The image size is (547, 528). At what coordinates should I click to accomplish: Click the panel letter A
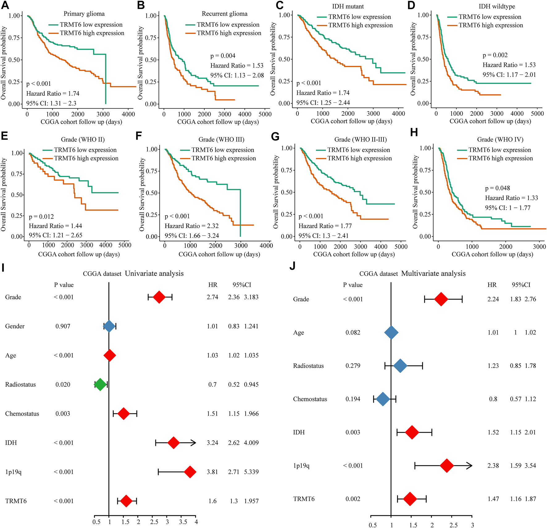[5, 5]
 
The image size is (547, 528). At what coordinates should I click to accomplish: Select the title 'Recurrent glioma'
[224, 14]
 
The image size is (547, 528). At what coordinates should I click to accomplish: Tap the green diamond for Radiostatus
[100, 385]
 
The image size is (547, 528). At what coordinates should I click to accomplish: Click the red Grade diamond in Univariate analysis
[159, 297]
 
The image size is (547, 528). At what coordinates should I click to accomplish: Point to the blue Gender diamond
[109, 326]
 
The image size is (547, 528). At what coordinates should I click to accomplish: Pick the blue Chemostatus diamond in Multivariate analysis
[383, 399]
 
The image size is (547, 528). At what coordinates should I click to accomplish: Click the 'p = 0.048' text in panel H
[497, 188]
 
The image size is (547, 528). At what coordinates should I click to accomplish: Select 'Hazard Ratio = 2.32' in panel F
[191, 226]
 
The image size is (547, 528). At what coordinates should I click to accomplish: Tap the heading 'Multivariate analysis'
[433, 273]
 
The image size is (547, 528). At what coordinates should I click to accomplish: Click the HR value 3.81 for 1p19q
[212, 472]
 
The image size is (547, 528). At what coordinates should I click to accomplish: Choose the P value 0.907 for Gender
[63, 326]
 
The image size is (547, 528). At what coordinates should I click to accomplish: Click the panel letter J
[292, 266]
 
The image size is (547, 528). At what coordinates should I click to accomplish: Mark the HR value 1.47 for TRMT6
[493, 499]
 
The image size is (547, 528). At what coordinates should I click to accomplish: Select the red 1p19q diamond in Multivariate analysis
[447, 466]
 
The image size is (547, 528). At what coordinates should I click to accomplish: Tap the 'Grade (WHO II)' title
[83, 139]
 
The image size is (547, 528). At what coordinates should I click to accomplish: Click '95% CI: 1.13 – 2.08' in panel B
[237, 76]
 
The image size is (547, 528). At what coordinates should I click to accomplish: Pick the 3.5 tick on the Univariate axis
[183, 522]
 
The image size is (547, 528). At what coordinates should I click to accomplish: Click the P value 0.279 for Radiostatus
[353, 366]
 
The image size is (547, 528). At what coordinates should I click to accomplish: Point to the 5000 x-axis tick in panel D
[537, 114]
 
